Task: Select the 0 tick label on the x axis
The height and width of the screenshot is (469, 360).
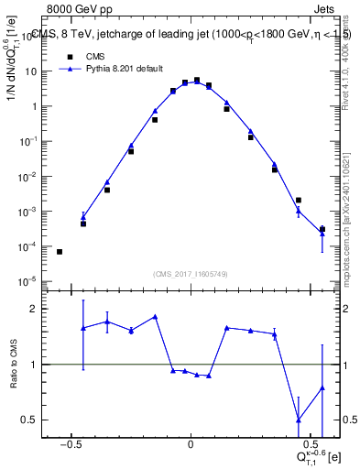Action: (x=191, y=439)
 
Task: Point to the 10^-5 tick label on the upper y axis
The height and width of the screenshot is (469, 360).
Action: (x=27, y=281)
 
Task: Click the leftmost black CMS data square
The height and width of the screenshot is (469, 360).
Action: (x=60, y=251)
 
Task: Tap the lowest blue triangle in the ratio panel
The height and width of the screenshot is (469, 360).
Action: (x=299, y=420)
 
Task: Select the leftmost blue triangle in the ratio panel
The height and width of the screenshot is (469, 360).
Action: (x=83, y=327)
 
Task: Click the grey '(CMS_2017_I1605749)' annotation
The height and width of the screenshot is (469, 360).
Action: (x=191, y=274)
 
